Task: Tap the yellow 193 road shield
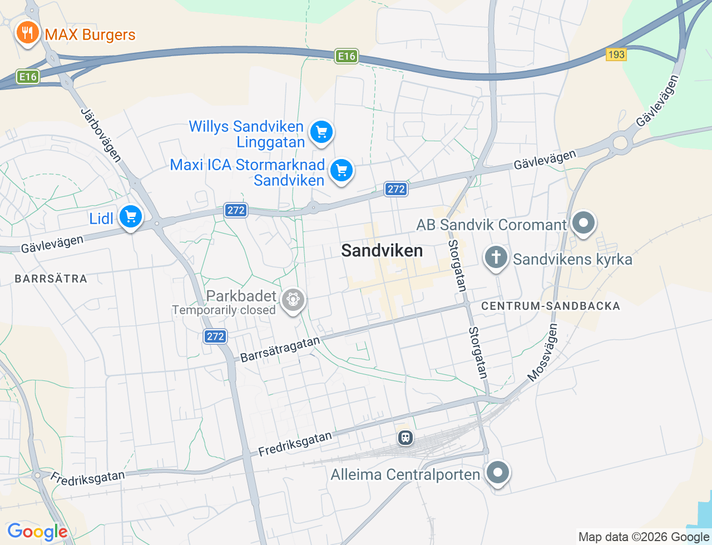616,54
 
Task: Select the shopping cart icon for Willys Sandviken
321,132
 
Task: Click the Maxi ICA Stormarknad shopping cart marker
341,171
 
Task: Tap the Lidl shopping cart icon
131,217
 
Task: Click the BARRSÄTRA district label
51,279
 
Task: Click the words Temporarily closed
224,310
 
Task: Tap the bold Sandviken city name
382,251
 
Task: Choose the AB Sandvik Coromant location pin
584,224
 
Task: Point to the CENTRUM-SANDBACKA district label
550,306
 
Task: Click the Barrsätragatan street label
280,349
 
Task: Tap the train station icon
406,438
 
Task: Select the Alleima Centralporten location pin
497,473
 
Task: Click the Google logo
37,532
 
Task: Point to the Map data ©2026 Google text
644,537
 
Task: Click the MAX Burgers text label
90,34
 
